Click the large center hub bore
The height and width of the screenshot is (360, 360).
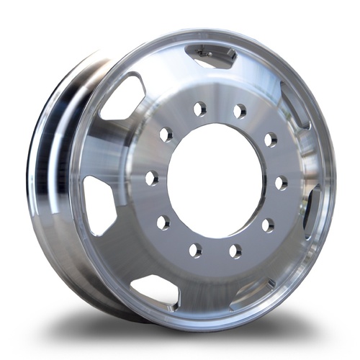click(x=217, y=180)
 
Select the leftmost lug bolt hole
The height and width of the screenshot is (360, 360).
click(x=152, y=178)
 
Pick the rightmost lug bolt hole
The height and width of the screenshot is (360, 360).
click(x=281, y=183)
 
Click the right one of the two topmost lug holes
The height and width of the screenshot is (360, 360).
click(x=240, y=112)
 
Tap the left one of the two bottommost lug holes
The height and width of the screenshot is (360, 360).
click(x=195, y=250)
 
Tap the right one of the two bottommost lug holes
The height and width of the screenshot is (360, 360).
click(x=235, y=251)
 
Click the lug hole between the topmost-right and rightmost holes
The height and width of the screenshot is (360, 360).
click(x=270, y=139)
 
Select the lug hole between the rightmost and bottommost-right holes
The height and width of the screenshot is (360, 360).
click(x=267, y=225)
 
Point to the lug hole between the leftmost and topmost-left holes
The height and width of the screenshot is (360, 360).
click(x=166, y=135)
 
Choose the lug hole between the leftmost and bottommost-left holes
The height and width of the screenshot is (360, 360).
click(x=163, y=221)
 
